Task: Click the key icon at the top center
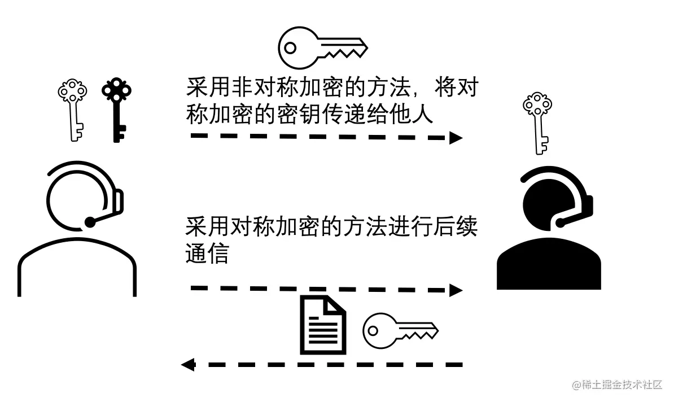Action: click(x=322, y=48)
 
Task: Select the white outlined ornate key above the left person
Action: click(x=73, y=110)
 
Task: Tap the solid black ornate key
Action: click(x=116, y=110)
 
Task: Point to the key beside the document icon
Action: click(x=400, y=331)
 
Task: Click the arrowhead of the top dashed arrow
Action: click(x=456, y=137)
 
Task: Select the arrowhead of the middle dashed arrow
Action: click(x=456, y=290)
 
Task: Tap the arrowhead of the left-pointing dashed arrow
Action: click(x=188, y=364)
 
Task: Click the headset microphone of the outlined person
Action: click(x=90, y=222)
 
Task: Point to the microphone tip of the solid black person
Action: click(x=561, y=222)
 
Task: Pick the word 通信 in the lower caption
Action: click(x=207, y=254)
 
